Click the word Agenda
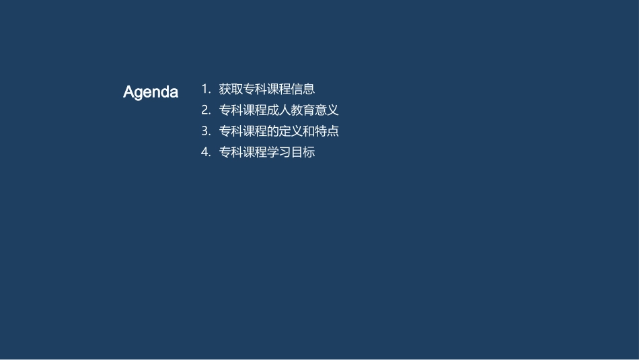pos(151,92)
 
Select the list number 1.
pos(205,89)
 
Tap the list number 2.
pos(205,110)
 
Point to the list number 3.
pos(205,131)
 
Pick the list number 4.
pos(205,152)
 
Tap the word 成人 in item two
pos(278,110)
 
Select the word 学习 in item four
pos(278,152)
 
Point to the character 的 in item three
pos(272,131)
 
